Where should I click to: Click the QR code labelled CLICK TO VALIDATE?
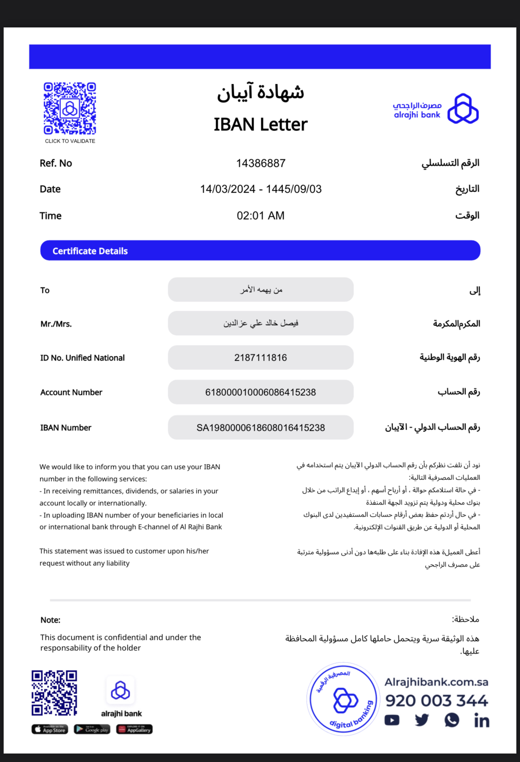tap(70, 108)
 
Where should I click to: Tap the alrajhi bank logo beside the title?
tap(436, 109)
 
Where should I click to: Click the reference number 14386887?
tap(260, 163)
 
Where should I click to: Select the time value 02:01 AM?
tap(260, 216)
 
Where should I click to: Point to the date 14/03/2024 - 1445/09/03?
tap(260, 189)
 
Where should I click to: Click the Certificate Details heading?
tap(90, 251)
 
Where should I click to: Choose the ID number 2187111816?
tap(260, 357)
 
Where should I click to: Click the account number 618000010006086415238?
tap(260, 392)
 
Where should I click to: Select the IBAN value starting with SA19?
tap(260, 428)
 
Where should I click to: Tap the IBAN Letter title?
tap(260, 124)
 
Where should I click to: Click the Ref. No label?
tap(56, 163)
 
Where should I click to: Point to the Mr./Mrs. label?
tap(56, 324)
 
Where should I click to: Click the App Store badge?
tap(50, 729)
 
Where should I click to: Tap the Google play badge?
tap(92, 729)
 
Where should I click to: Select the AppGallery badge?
tap(134, 729)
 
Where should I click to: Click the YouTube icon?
tap(392, 720)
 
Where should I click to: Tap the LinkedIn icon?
tap(481, 720)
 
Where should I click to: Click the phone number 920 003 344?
tap(436, 701)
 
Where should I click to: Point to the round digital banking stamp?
tap(343, 699)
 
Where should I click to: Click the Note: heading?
tap(50, 620)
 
